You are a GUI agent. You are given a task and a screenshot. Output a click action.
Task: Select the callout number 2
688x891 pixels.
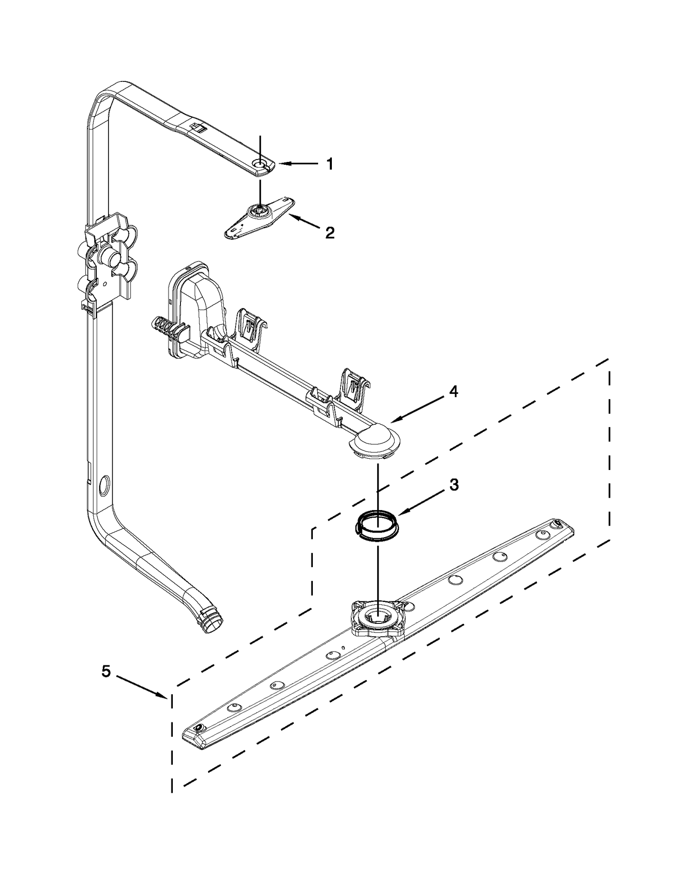(x=329, y=233)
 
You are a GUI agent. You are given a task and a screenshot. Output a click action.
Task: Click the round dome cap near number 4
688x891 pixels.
(x=376, y=440)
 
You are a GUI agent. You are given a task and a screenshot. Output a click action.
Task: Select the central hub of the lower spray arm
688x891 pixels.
(x=377, y=616)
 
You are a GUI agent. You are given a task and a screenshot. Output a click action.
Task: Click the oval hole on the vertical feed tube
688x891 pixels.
(x=103, y=488)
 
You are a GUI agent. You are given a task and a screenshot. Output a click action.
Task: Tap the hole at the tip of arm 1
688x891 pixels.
(x=260, y=164)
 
